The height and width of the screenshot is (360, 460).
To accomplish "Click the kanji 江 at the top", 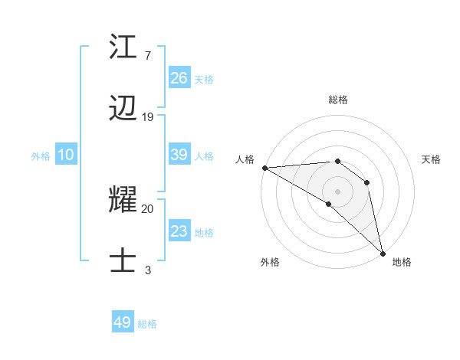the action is point(123,47).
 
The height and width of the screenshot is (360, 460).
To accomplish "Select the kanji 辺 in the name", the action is point(123,110).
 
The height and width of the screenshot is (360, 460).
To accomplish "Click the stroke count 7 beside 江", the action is point(147,55).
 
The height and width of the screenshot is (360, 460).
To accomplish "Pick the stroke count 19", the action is point(148,117).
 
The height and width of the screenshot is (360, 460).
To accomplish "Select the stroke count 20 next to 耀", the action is point(148,208).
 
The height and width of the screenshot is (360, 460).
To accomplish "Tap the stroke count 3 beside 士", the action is point(147,270).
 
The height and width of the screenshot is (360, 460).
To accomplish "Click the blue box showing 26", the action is point(179,77).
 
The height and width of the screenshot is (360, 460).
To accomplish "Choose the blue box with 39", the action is point(179,155).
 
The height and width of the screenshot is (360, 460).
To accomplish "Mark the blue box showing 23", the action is point(179,231).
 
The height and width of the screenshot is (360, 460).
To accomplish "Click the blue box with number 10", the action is point(66,155).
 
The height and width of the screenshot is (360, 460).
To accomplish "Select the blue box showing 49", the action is point(123,322).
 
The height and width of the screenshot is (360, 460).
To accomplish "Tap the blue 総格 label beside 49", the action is point(147,324).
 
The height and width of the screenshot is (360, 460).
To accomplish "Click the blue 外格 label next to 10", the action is point(41,156).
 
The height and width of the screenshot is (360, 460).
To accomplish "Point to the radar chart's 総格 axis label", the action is point(337,100).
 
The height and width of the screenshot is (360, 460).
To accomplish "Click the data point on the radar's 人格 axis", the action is point(264,168).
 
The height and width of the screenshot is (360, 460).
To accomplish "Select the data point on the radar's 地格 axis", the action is point(383,253).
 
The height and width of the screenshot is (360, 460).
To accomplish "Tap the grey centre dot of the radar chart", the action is point(337,191).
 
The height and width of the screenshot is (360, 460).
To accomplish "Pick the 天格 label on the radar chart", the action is point(432,159).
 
